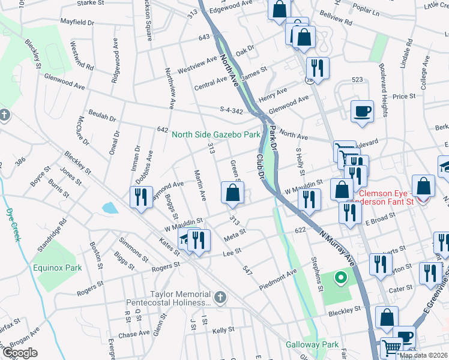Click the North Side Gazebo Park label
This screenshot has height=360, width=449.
[216, 134]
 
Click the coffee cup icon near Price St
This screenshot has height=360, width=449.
[363, 112]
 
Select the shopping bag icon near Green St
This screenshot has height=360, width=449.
[232, 193]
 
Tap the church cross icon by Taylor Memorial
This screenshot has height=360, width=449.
[220, 296]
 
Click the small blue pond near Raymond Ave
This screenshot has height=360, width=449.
[109, 208]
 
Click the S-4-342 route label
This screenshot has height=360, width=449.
[232, 110]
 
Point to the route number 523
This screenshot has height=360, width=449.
[358, 79]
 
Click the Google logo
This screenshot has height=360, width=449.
[20, 353]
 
